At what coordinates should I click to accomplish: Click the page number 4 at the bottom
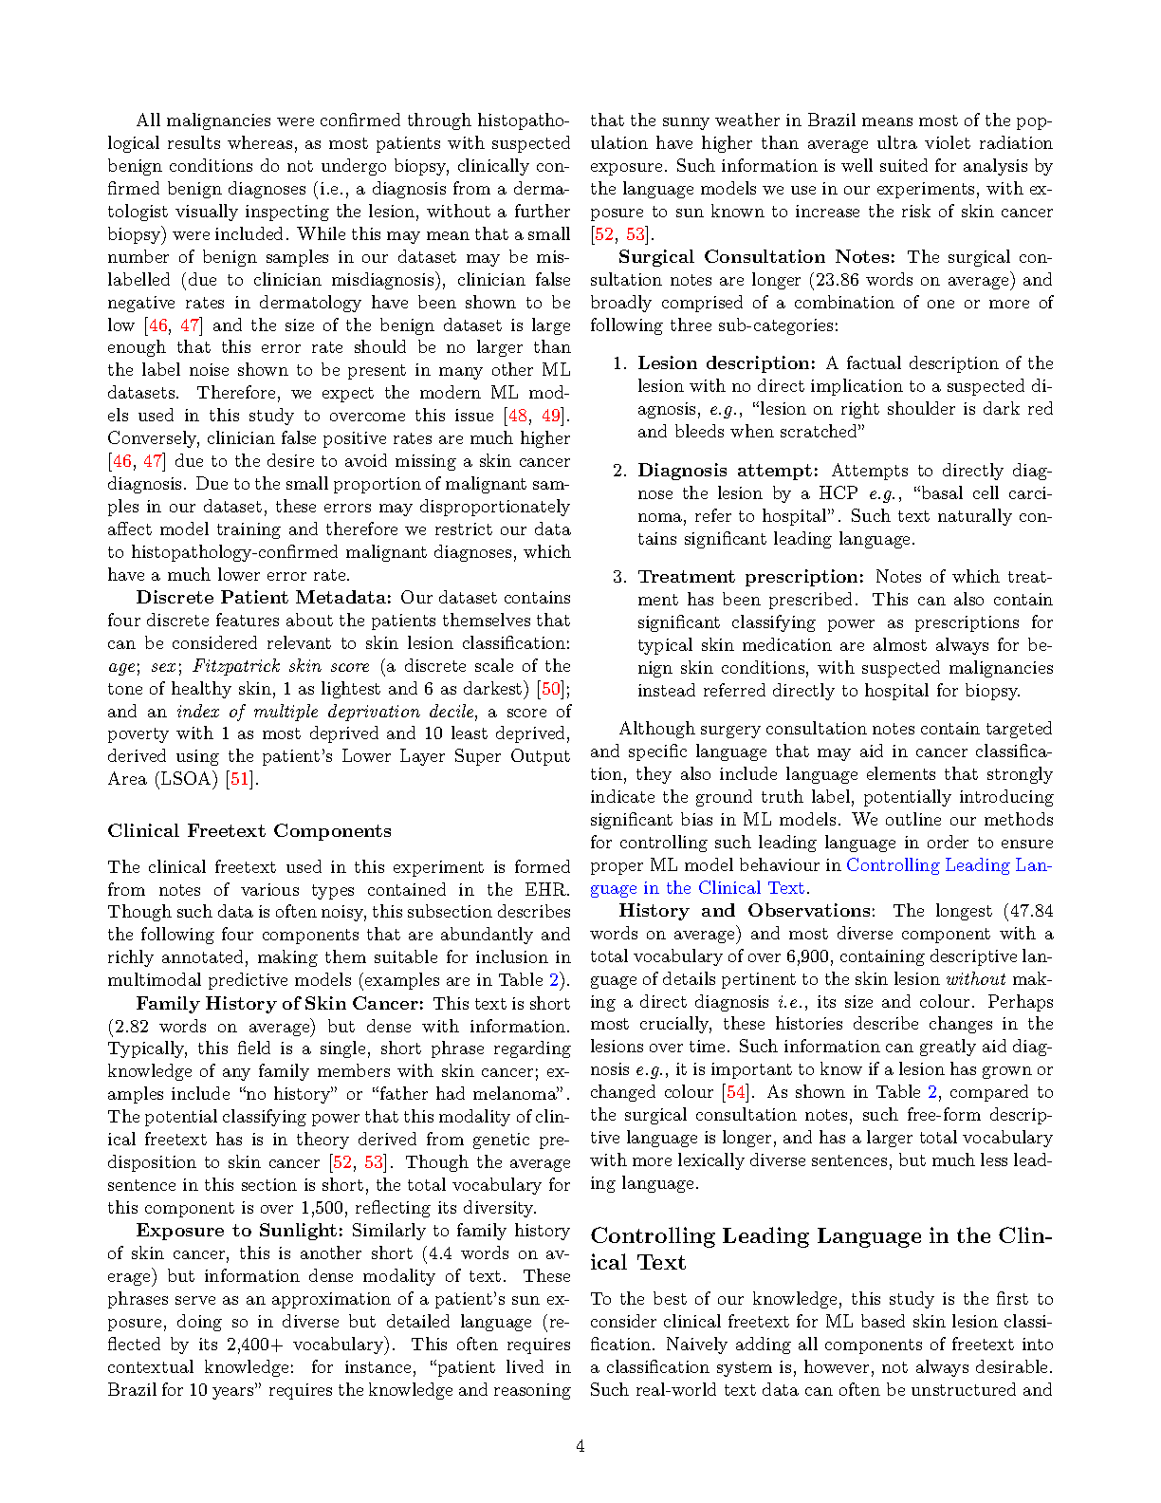(x=580, y=1446)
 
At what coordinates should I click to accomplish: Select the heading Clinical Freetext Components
(x=249, y=831)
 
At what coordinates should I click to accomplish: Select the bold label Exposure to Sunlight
(x=239, y=1231)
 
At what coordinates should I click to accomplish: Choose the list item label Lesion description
(x=726, y=363)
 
